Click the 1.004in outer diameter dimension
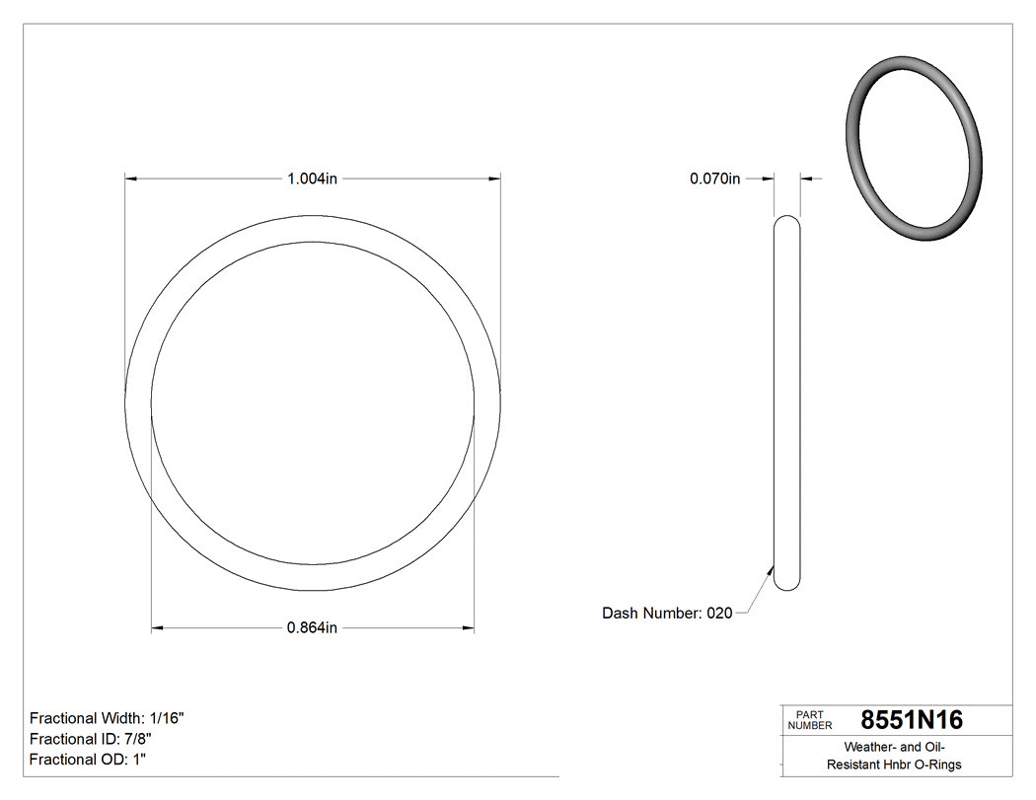[312, 179]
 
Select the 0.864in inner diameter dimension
[312, 627]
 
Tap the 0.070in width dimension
[714, 179]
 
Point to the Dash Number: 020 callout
[667, 613]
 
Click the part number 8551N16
[912, 720]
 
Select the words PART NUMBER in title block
[808, 720]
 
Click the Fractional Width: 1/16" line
[107, 718]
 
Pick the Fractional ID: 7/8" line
[91, 739]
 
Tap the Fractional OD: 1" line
[88, 760]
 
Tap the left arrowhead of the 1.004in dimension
[129, 179]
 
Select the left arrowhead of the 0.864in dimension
[156, 627]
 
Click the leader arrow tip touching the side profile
[773, 566]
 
